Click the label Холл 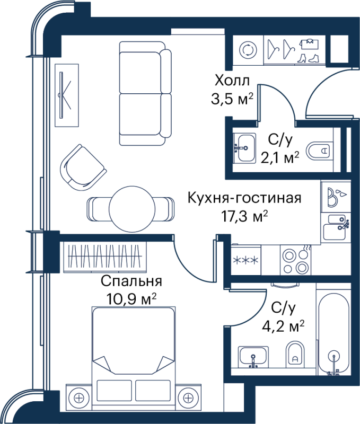coord(232,81)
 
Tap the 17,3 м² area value coord(244,216)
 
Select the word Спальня coord(131,282)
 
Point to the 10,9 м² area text coord(131,298)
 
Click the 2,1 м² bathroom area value coord(280,157)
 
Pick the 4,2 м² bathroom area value coord(283,326)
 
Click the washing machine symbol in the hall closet coord(248,50)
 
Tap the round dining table coord(132,209)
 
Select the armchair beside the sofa coord(83,167)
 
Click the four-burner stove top coord(296,260)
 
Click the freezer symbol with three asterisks coord(245,260)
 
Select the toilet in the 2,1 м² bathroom coord(319,151)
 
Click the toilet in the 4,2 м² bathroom coord(295,354)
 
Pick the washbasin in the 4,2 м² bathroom coord(253,357)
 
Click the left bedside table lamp coord(78,398)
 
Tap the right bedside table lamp coord(188,398)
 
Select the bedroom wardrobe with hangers coord(105,257)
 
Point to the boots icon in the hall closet coord(309,58)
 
